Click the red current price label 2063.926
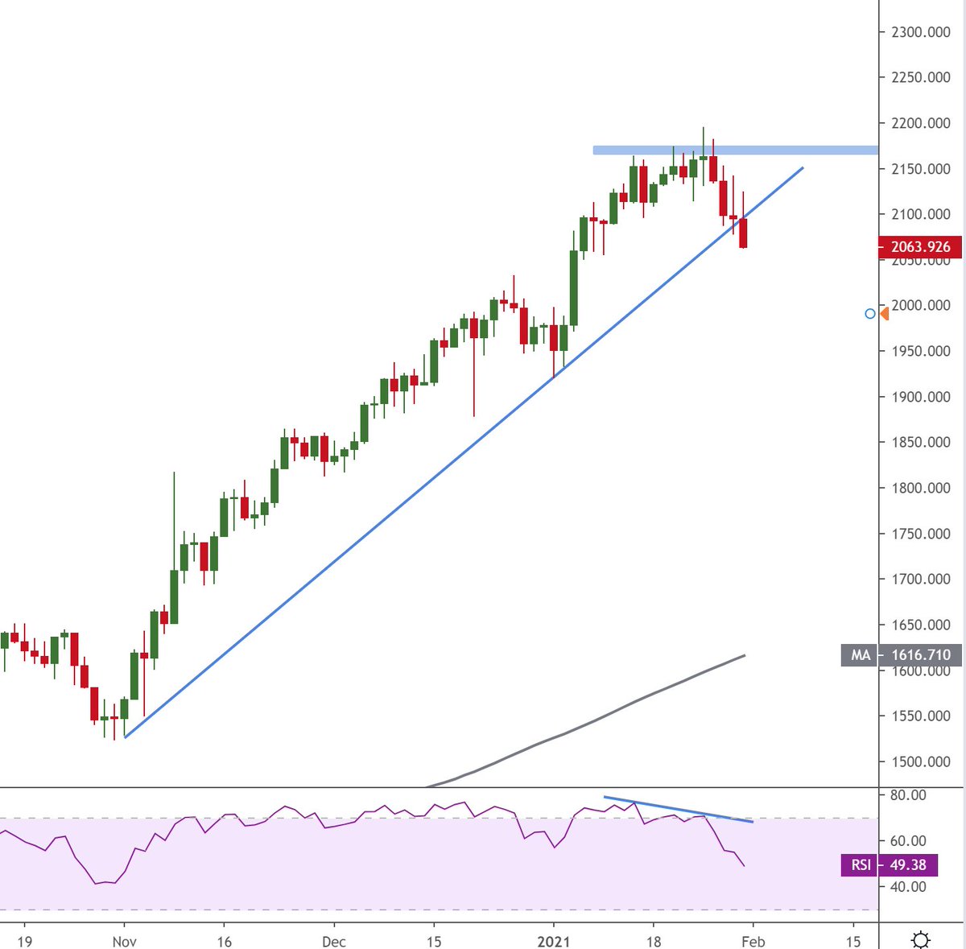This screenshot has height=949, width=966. pyautogui.click(x=920, y=247)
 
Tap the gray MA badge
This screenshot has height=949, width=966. pyautogui.click(x=861, y=655)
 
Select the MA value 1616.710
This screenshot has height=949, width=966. pyautogui.click(x=921, y=655)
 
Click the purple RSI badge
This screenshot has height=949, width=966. pyautogui.click(x=861, y=865)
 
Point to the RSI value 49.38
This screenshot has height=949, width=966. pyautogui.click(x=908, y=865)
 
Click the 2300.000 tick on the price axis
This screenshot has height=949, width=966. pyautogui.click(x=920, y=32)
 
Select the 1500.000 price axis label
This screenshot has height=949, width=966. pyautogui.click(x=920, y=761)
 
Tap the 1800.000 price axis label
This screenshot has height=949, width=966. pyautogui.click(x=920, y=488)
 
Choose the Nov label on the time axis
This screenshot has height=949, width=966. pyautogui.click(x=124, y=941)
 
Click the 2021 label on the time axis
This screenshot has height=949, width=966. pyautogui.click(x=554, y=941)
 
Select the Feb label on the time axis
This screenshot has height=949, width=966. pyautogui.click(x=753, y=941)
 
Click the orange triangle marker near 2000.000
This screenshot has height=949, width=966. pyautogui.click(x=885, y=313)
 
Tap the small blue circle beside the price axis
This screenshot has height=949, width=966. pyautogui.click(x=869, y=313)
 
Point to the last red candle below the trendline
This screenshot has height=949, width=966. pyautogui.click(x=743, y=233)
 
